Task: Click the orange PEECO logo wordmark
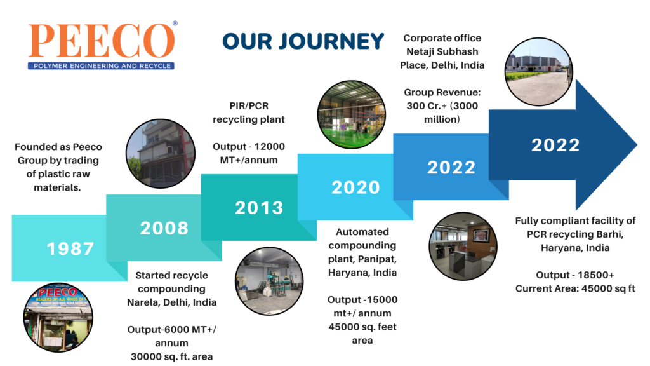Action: click(102, 41)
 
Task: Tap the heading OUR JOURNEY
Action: click(303, 41)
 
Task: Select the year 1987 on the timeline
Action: click(70, 249)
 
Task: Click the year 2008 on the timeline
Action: click(164, 228)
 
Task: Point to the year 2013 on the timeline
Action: click(259, 208)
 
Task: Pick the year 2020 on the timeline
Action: click(355, 187)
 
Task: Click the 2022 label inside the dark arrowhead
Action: click(555, 146)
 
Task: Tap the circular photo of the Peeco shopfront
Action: click(58, 318)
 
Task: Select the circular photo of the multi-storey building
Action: click(161, 154)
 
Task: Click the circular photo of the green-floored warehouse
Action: click(352, 114)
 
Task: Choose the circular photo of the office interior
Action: click(463, 247)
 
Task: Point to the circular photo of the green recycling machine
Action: click(269, 281)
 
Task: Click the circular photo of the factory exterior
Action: click(539, 72)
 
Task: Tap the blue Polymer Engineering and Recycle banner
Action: click(101, 65)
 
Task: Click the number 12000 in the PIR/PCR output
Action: click(269, 147)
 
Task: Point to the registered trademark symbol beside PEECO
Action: click(175, 24)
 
